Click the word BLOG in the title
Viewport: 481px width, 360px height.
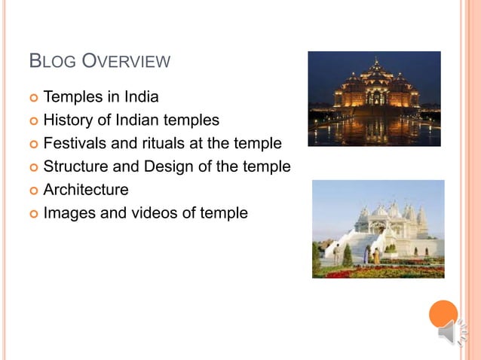coord(51,62)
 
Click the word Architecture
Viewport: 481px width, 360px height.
coord(86,190)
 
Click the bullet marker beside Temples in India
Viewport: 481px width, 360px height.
coord(32,98)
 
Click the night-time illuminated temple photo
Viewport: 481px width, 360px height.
coord(374,99)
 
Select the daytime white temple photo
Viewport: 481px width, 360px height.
coord(378,228)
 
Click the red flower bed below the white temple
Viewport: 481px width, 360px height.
coord(377,272)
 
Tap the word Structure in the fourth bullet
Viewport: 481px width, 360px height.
coord(76,166)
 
